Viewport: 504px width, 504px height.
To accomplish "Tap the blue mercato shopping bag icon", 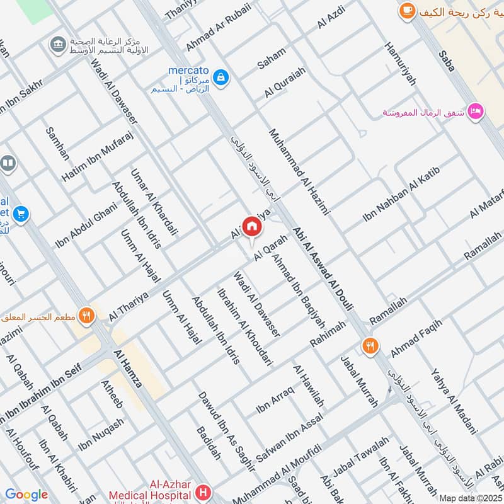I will click(x=220, y=77).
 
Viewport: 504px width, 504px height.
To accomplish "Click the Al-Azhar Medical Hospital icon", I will click(x=203, y=491).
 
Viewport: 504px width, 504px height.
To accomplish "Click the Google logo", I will click(x=26, y=495).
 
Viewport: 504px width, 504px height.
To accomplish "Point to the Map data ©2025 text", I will click(x=469, y=497).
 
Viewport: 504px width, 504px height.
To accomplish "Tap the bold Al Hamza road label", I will click(x=128, y=369).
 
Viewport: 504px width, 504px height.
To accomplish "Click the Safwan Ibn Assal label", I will click(x=290, y=435).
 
